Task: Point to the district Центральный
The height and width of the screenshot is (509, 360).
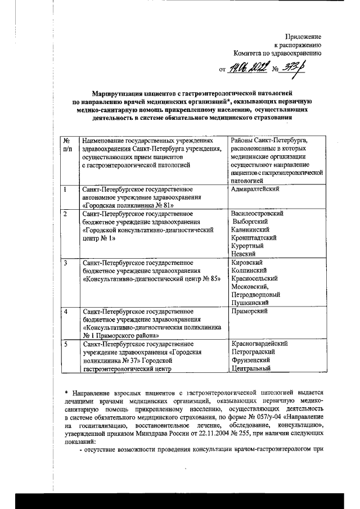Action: coord(252,368)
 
